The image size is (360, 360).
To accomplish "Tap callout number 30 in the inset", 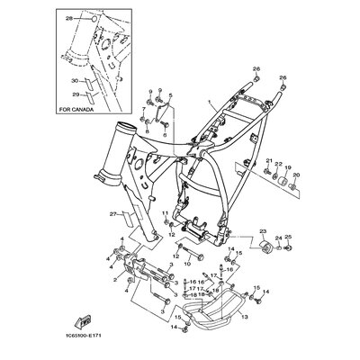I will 75,78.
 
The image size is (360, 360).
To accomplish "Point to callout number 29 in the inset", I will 75,93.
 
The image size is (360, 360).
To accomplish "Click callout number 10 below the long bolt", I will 187,265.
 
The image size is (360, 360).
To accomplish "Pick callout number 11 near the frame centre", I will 165,213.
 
